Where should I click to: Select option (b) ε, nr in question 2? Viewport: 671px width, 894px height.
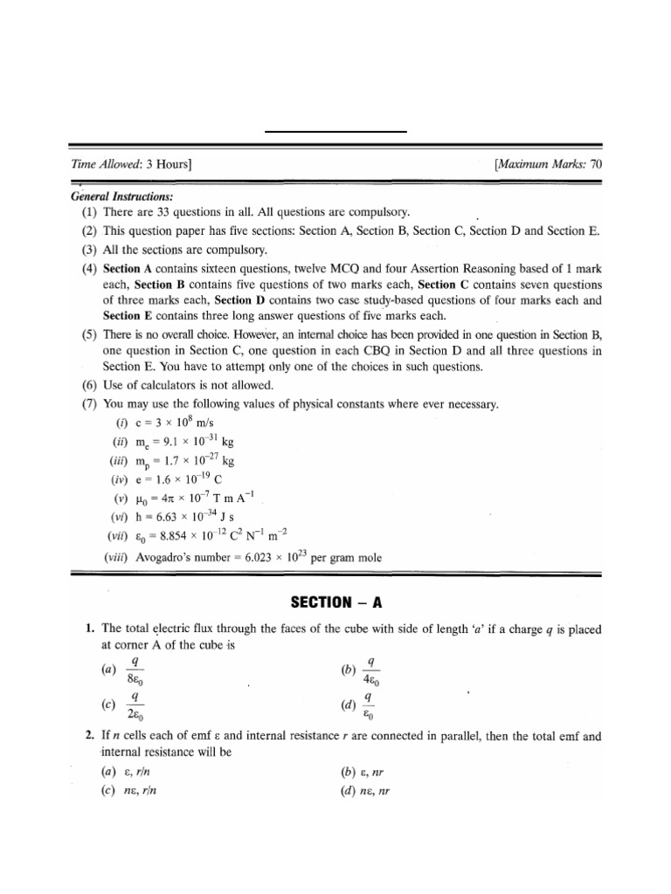[x=366, y=772]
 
